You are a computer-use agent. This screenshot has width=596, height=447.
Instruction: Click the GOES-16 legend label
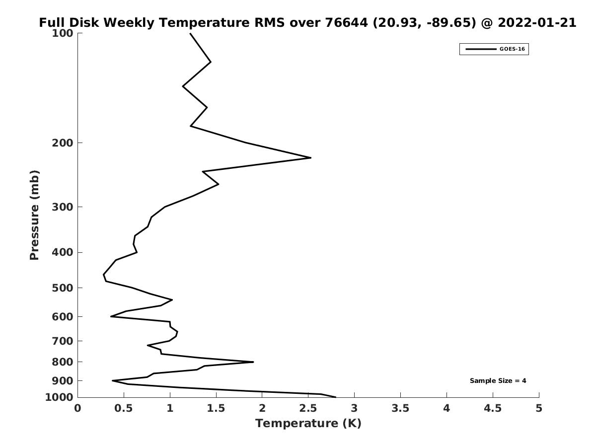pyautogui.click(x=512, y=49)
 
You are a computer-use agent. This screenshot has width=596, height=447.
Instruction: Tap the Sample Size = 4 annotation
pyautogui.click(x=498, y=381)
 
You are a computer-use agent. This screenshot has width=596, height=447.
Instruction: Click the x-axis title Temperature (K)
pyautogui.click(x=308, y=423)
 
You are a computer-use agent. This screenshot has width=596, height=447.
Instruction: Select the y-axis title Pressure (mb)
pyautogui.click(x=34, y=215)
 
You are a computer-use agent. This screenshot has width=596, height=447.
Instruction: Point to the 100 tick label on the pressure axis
pyautogui.click(x=63, y=33)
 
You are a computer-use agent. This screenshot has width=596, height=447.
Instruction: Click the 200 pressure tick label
pyautogui.click(x=63, y=143)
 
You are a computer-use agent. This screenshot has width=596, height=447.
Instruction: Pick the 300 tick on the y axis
pyautogui.click(x=63, y=207)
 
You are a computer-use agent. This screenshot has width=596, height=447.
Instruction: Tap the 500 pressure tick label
pyautogui.click(x=63, y=288)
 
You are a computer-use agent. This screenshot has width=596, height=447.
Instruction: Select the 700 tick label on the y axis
pyautogui.click(x=63, y=341)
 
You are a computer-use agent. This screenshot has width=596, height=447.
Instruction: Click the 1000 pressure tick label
pyautogui.click(x=60, y=397)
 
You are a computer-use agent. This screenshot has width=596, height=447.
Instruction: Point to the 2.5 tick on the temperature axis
pyautogui.click(x=308, y=408)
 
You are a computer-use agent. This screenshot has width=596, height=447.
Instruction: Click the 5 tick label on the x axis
pyautogui.click(x=539, y=408)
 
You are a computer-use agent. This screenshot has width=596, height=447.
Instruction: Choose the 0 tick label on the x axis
pyautogui.click(x=78, y=408)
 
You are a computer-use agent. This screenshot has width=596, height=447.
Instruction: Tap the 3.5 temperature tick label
pyautogui.click(x=400, y=408)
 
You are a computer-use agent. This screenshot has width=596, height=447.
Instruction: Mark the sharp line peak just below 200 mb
pyautogui.click(x=311, y=158)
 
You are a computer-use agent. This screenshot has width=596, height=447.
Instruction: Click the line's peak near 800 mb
pyautogui.click(x=253, y=362)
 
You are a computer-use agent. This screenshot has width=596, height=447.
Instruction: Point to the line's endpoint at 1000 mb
pyautogui.click(x=336, y=397)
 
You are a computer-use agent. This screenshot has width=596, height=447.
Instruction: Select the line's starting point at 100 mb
pyautogui.click(x=190, y=33)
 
